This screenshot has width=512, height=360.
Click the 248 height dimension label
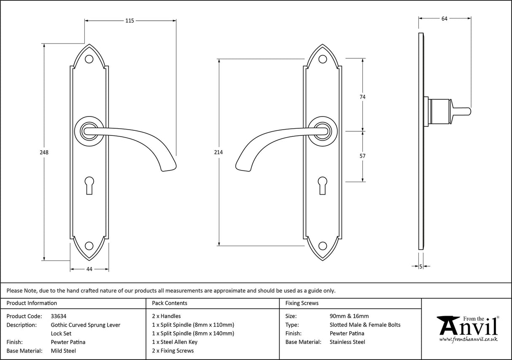tap(44, 152)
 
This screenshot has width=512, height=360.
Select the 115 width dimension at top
tap(129, 21)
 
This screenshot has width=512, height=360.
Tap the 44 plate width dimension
tap(89, 269)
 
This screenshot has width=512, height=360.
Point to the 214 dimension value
tap(218, 152)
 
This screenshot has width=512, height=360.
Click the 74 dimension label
tap(362, 97)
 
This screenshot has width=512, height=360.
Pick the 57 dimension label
tap(362, 156)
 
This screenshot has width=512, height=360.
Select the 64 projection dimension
tap(444, 18)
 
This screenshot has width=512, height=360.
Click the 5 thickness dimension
tap(421, 266)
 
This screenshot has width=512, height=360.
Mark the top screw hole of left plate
tap(89, 60)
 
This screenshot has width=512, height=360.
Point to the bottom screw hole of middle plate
tap(323, 246)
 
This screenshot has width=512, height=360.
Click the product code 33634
tap(59, 316)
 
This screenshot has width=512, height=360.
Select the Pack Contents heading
tap(170, 303)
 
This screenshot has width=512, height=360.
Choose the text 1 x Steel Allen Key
tap(175, 342)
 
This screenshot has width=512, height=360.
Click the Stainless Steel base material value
tap(348, 342)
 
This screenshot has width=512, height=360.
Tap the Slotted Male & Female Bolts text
tap(365, 325)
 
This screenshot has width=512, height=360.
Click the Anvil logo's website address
tap(468, 339)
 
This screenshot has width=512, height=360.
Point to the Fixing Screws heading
tap(302, 303)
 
